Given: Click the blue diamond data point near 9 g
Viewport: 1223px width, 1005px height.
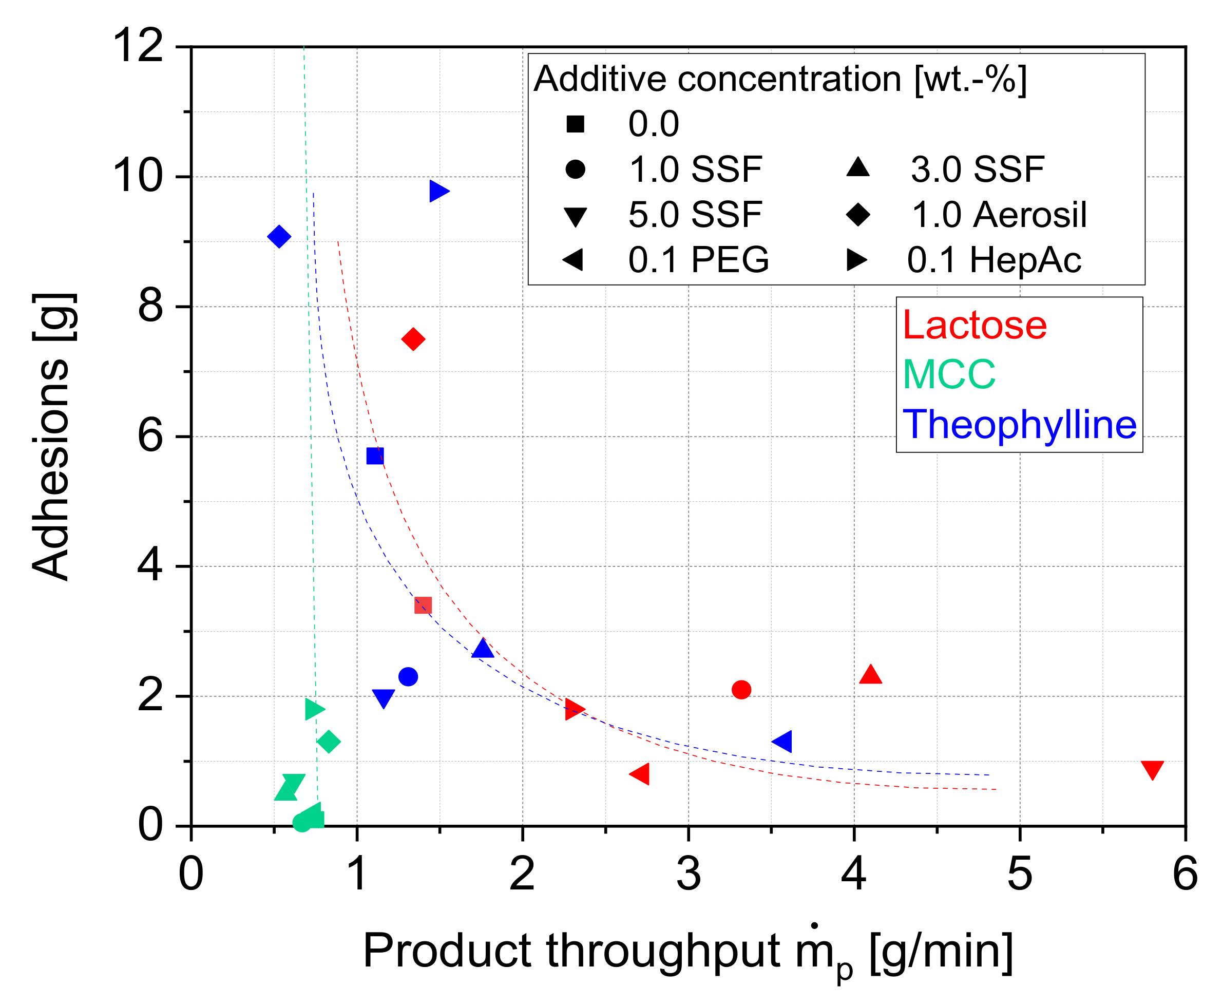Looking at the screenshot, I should tap(279, 236).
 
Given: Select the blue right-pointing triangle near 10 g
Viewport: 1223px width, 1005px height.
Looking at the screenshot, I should tap(437, 191).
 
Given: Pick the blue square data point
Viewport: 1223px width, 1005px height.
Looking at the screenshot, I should tap(375, 456).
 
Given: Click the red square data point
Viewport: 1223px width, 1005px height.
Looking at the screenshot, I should tap(423, 605).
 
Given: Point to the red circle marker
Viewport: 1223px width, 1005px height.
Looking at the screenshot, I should tap(741, 690).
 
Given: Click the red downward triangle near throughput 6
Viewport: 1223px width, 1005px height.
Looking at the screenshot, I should tap(1152, 769).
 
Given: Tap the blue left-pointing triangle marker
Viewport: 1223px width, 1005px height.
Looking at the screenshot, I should tap(783, 741).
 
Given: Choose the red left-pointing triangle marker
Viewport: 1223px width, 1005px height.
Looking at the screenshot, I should tap(641, 773).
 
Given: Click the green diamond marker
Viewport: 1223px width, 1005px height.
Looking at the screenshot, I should tap(329, 742).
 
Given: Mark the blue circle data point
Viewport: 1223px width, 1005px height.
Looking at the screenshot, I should tap(408, 676).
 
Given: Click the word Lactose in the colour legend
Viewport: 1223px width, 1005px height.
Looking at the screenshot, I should tap(974, 326).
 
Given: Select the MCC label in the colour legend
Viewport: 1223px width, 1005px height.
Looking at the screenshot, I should tap(949, 374).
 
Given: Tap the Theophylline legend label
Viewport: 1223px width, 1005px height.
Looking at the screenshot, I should tap(1019, 424).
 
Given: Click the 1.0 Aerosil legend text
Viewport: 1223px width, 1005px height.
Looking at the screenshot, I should tap(999, 215).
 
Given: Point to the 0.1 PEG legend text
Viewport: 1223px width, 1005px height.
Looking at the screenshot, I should tap(698, 260).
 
